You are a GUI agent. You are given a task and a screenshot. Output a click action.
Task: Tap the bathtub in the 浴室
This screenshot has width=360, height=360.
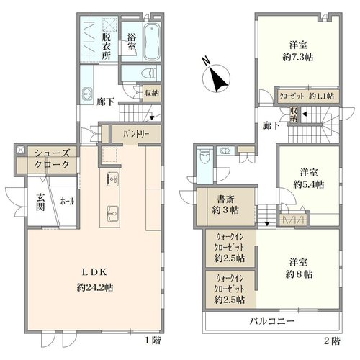tap(152, 42)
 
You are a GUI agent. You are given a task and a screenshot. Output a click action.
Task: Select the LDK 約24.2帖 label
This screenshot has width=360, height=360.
tap(95, 280)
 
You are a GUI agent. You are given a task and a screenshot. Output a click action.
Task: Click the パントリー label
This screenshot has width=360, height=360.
tap(136, 134)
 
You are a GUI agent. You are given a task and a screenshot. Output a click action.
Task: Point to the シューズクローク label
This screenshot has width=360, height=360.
tap(52, 158)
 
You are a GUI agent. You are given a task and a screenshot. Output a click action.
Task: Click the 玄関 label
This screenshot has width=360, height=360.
tap(40, 202)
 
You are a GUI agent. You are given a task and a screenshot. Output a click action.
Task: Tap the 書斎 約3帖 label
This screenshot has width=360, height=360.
tap(225, 204)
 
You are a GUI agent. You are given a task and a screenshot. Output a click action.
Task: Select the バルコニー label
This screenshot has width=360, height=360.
tap(271, 321)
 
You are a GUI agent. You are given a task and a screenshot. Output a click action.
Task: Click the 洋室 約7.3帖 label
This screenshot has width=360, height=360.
tap(298, 51)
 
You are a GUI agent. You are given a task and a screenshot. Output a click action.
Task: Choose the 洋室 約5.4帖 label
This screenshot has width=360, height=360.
tap(309, 179)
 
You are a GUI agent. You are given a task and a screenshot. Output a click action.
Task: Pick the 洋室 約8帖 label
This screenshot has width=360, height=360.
tap(299, 269)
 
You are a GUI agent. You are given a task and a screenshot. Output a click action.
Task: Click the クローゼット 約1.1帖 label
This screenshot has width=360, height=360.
tap(307, 96)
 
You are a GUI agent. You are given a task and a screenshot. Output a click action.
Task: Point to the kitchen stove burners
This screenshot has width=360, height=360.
tap(112, 179)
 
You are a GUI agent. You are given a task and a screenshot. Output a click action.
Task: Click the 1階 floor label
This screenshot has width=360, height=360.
tap(153, 340)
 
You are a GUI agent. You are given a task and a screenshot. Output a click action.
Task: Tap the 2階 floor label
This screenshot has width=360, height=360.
tap(332, 341)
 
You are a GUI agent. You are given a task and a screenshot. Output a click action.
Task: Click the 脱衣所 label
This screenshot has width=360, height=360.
tap(106, 46)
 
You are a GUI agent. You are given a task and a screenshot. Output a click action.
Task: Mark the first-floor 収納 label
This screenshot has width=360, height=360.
tap(151, 93)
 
